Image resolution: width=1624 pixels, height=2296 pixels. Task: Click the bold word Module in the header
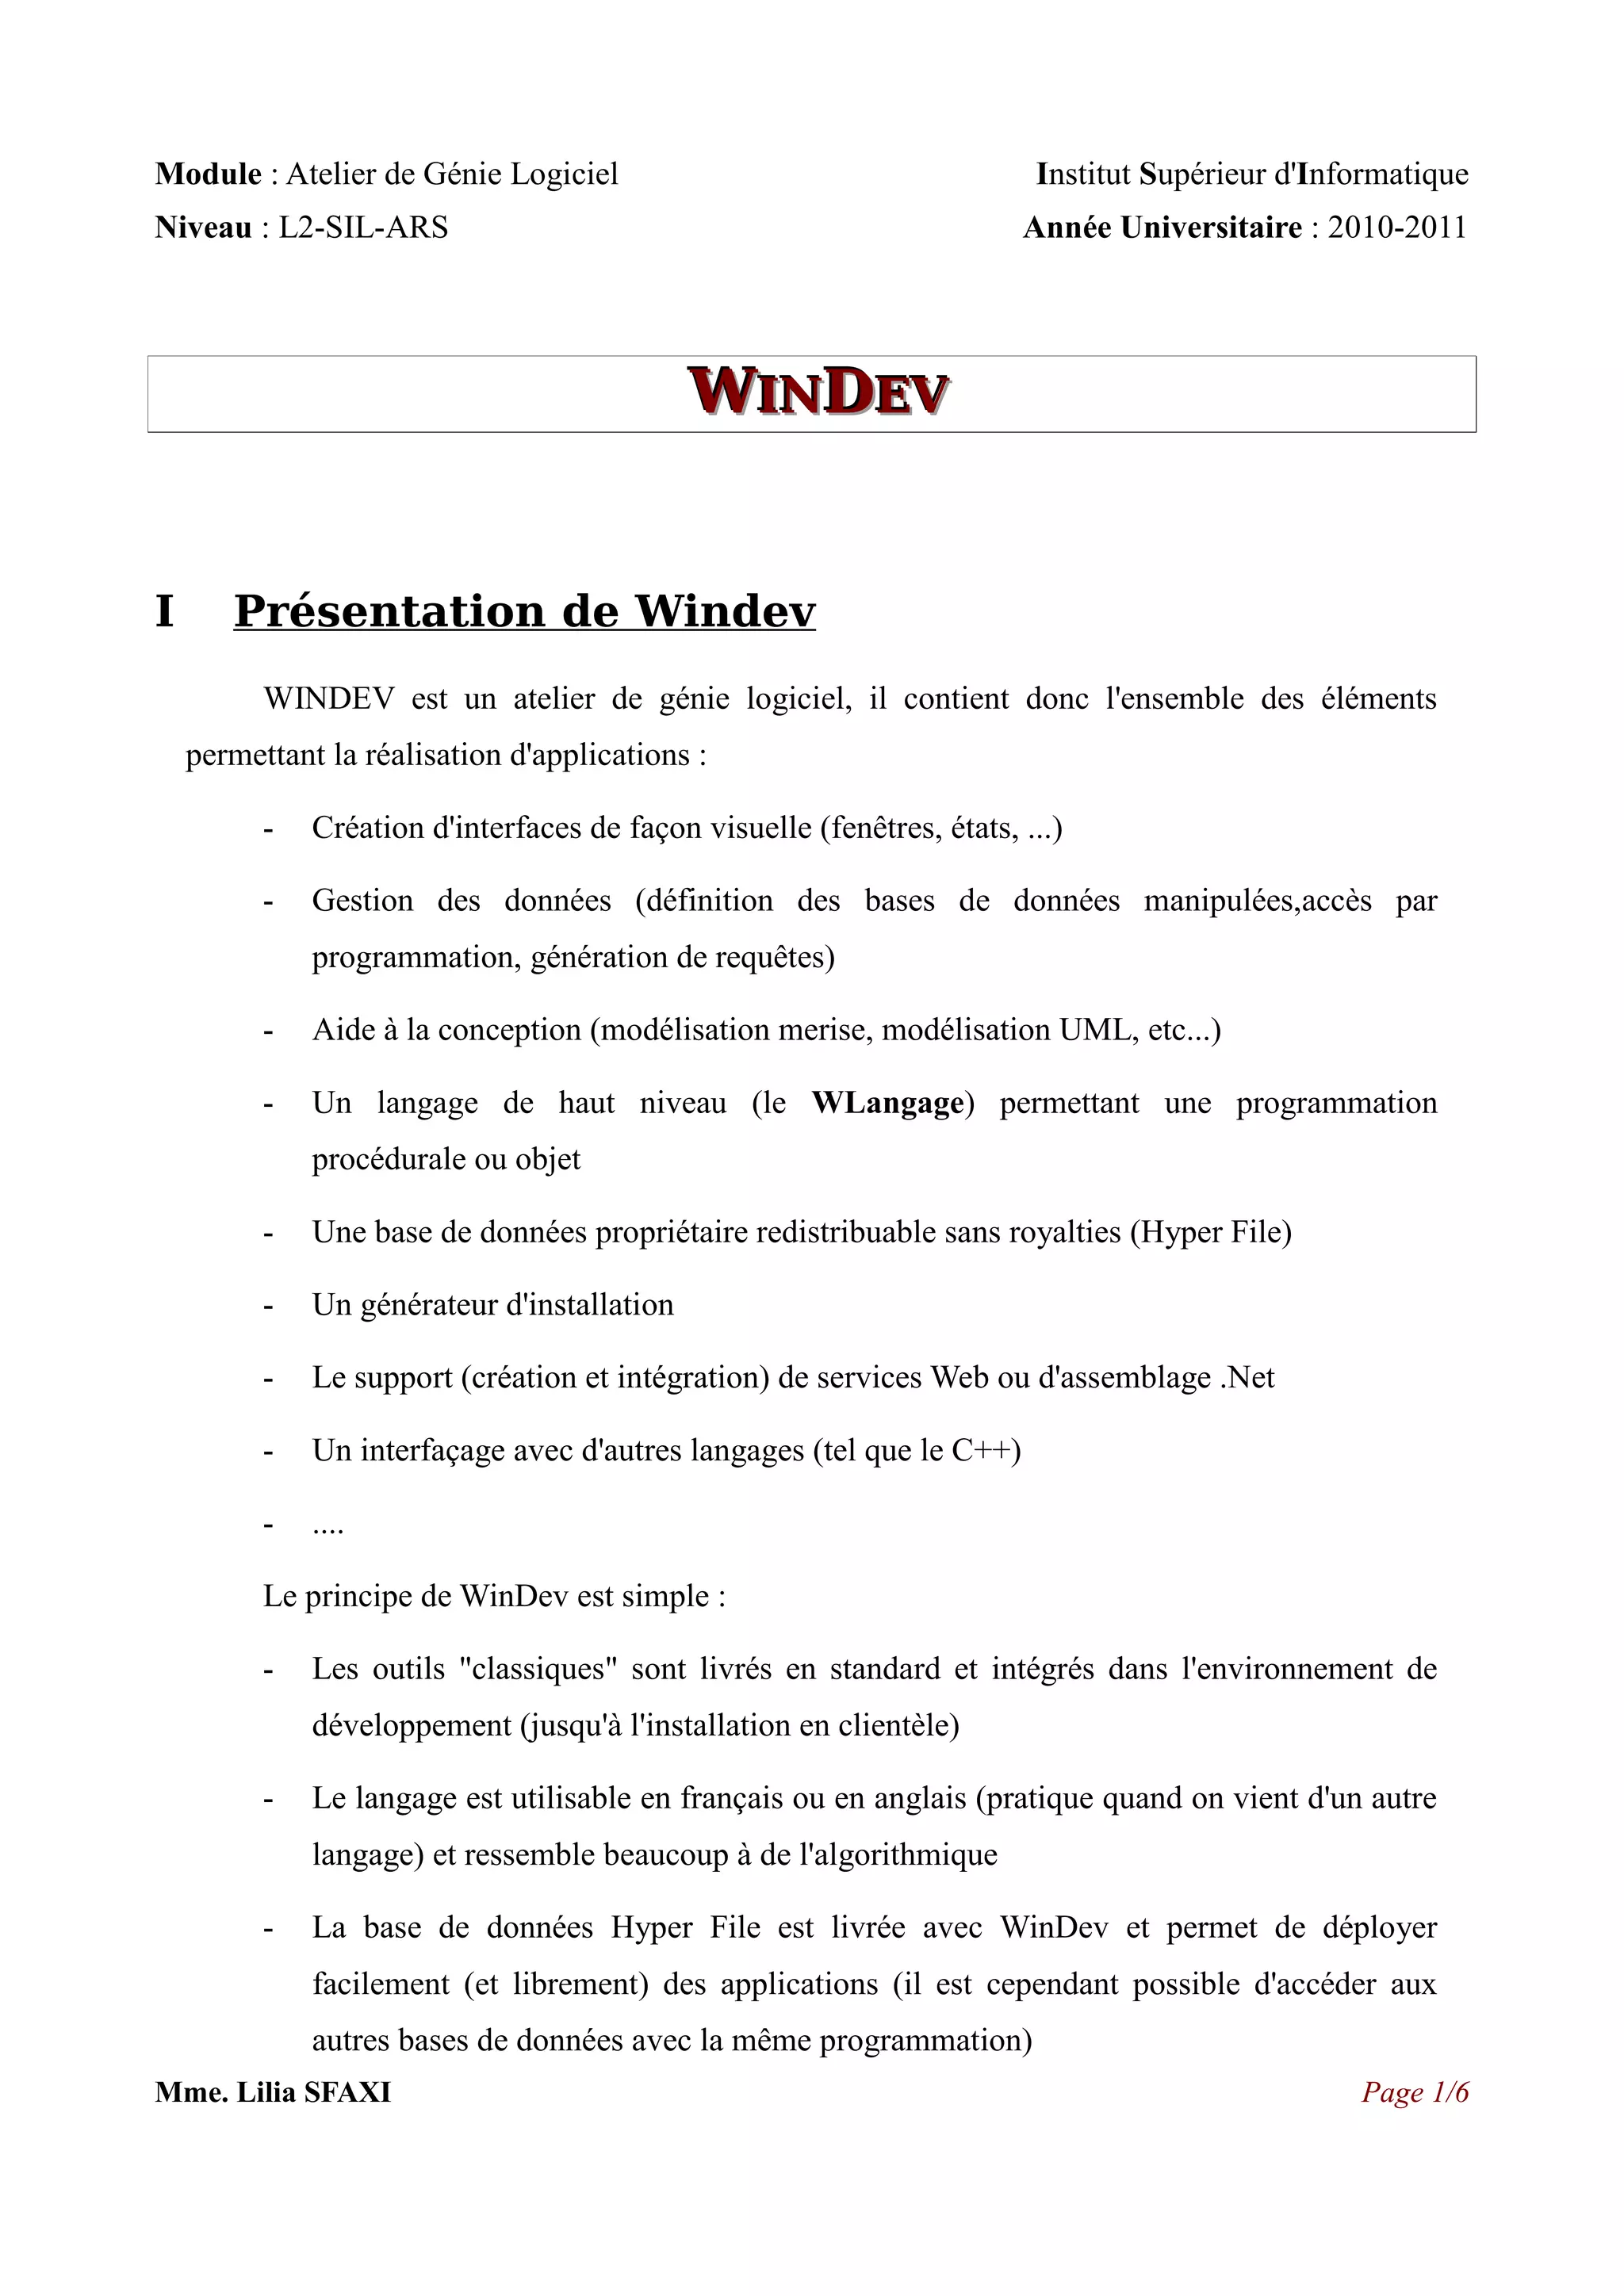click(208, 174)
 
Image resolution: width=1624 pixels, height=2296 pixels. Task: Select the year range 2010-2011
click(1397, 228)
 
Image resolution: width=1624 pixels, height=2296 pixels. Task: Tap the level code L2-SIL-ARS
click(363, 228)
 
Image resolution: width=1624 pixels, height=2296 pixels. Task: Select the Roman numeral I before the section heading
click(165, 611)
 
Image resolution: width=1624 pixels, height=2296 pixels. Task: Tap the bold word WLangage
click(888, 1103)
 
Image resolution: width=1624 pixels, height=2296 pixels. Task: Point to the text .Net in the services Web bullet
click(1247, 1377)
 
